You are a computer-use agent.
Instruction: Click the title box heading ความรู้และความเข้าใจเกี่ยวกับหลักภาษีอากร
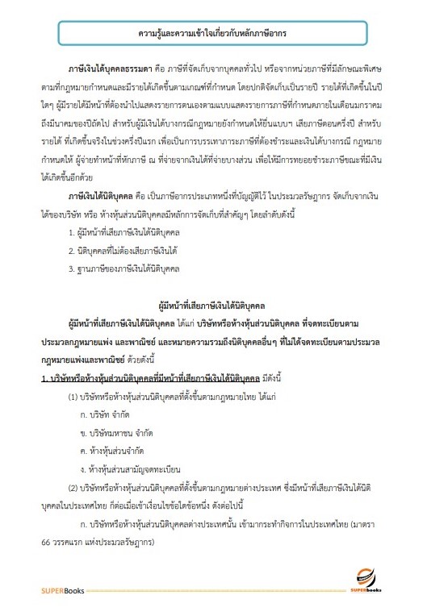tap(213, 35)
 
